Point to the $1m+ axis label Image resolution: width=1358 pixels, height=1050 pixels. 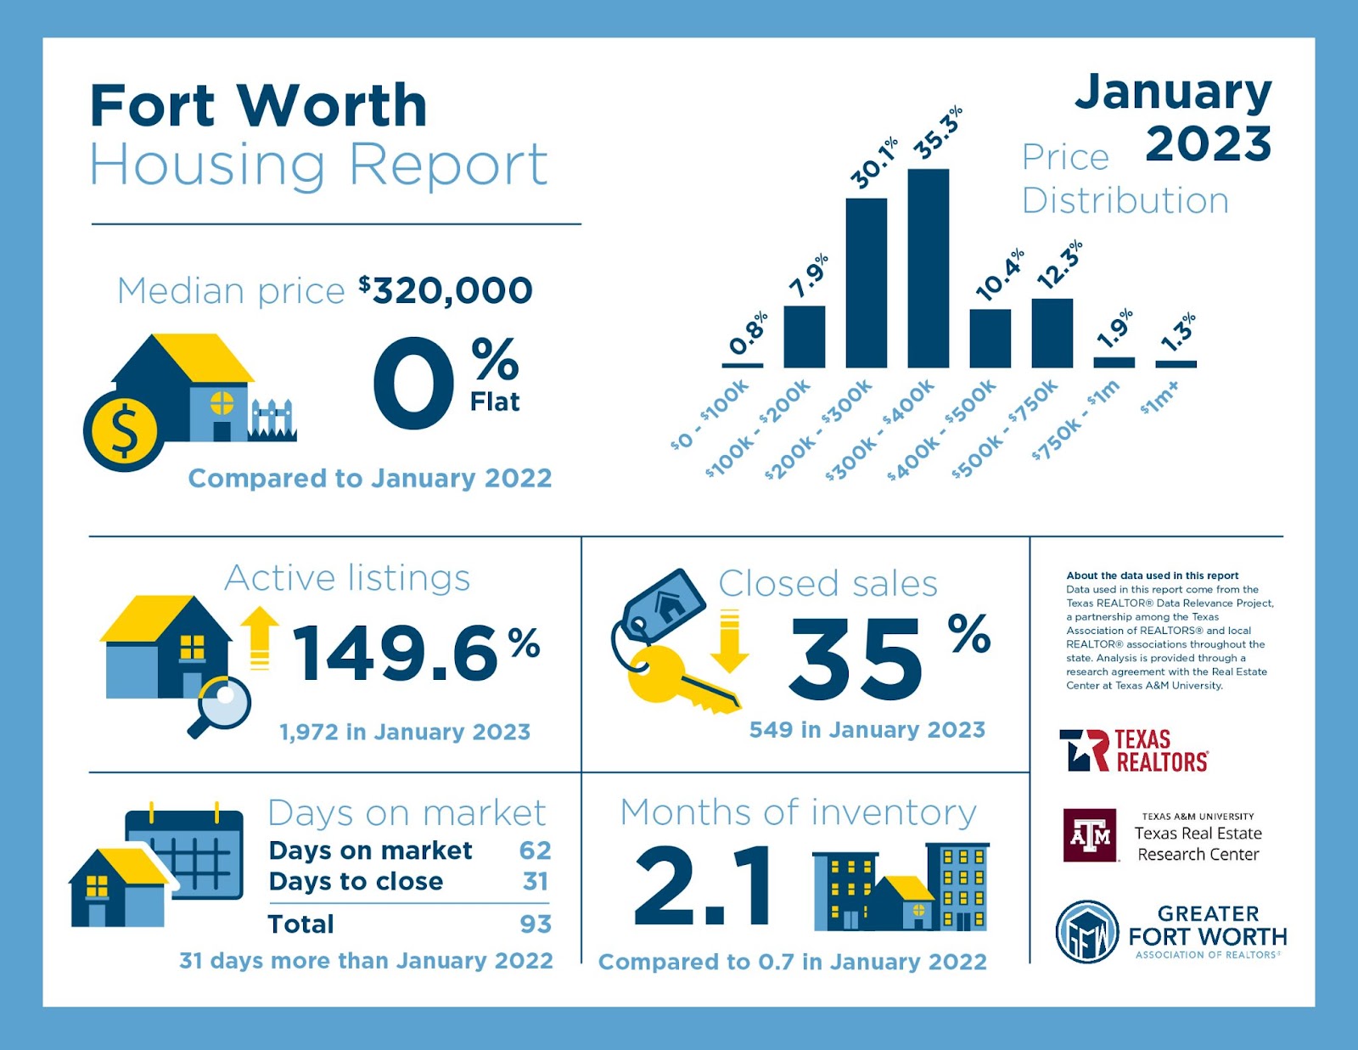[1159, 396]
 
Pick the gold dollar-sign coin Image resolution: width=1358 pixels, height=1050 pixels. [124, 430]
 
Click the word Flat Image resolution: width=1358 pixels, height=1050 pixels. [495, 401]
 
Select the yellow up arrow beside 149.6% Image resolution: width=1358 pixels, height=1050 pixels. [260, 637]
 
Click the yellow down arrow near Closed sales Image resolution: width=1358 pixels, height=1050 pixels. [729, 641]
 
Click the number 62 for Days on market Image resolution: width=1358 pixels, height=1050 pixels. [535, 850]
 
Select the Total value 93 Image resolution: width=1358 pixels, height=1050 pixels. [535, 924]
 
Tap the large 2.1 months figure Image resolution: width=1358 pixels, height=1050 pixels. [704, 886]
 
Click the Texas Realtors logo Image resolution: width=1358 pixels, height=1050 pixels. [1134, 750]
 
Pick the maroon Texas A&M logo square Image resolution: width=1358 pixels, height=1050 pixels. [1090, 835]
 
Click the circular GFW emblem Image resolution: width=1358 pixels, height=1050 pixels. [1087, 932]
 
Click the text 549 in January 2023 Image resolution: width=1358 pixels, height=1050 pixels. [867, 730]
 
